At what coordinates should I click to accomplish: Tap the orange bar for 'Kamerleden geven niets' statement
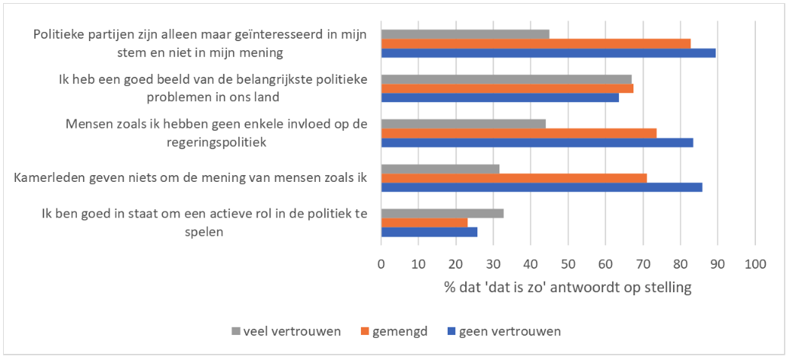[x=514, y=178]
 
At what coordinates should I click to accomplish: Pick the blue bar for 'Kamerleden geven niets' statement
[x=541, y=187]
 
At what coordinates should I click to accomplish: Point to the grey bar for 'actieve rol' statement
[x=442, y=213]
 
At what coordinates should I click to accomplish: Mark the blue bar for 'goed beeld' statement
[x=499, y=97]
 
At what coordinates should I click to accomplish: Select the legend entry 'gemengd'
[x=396, y=331]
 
